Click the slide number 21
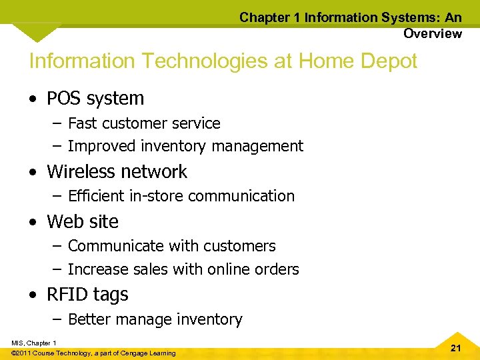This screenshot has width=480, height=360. tap(456, 348)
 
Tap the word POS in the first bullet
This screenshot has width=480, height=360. tap(63, 99)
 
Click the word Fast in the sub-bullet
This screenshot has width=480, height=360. tap(82, 123)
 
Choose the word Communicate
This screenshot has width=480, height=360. tap(111, 246)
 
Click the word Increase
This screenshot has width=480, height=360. tap(95, 269)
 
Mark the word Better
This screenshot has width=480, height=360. tap(89, 319)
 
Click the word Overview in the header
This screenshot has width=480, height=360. tap(432, 33)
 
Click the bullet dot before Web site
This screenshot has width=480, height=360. tap(33, 223)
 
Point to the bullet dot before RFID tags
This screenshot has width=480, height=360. tap(33, 295)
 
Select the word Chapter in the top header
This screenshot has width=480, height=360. tap(265, 17)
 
